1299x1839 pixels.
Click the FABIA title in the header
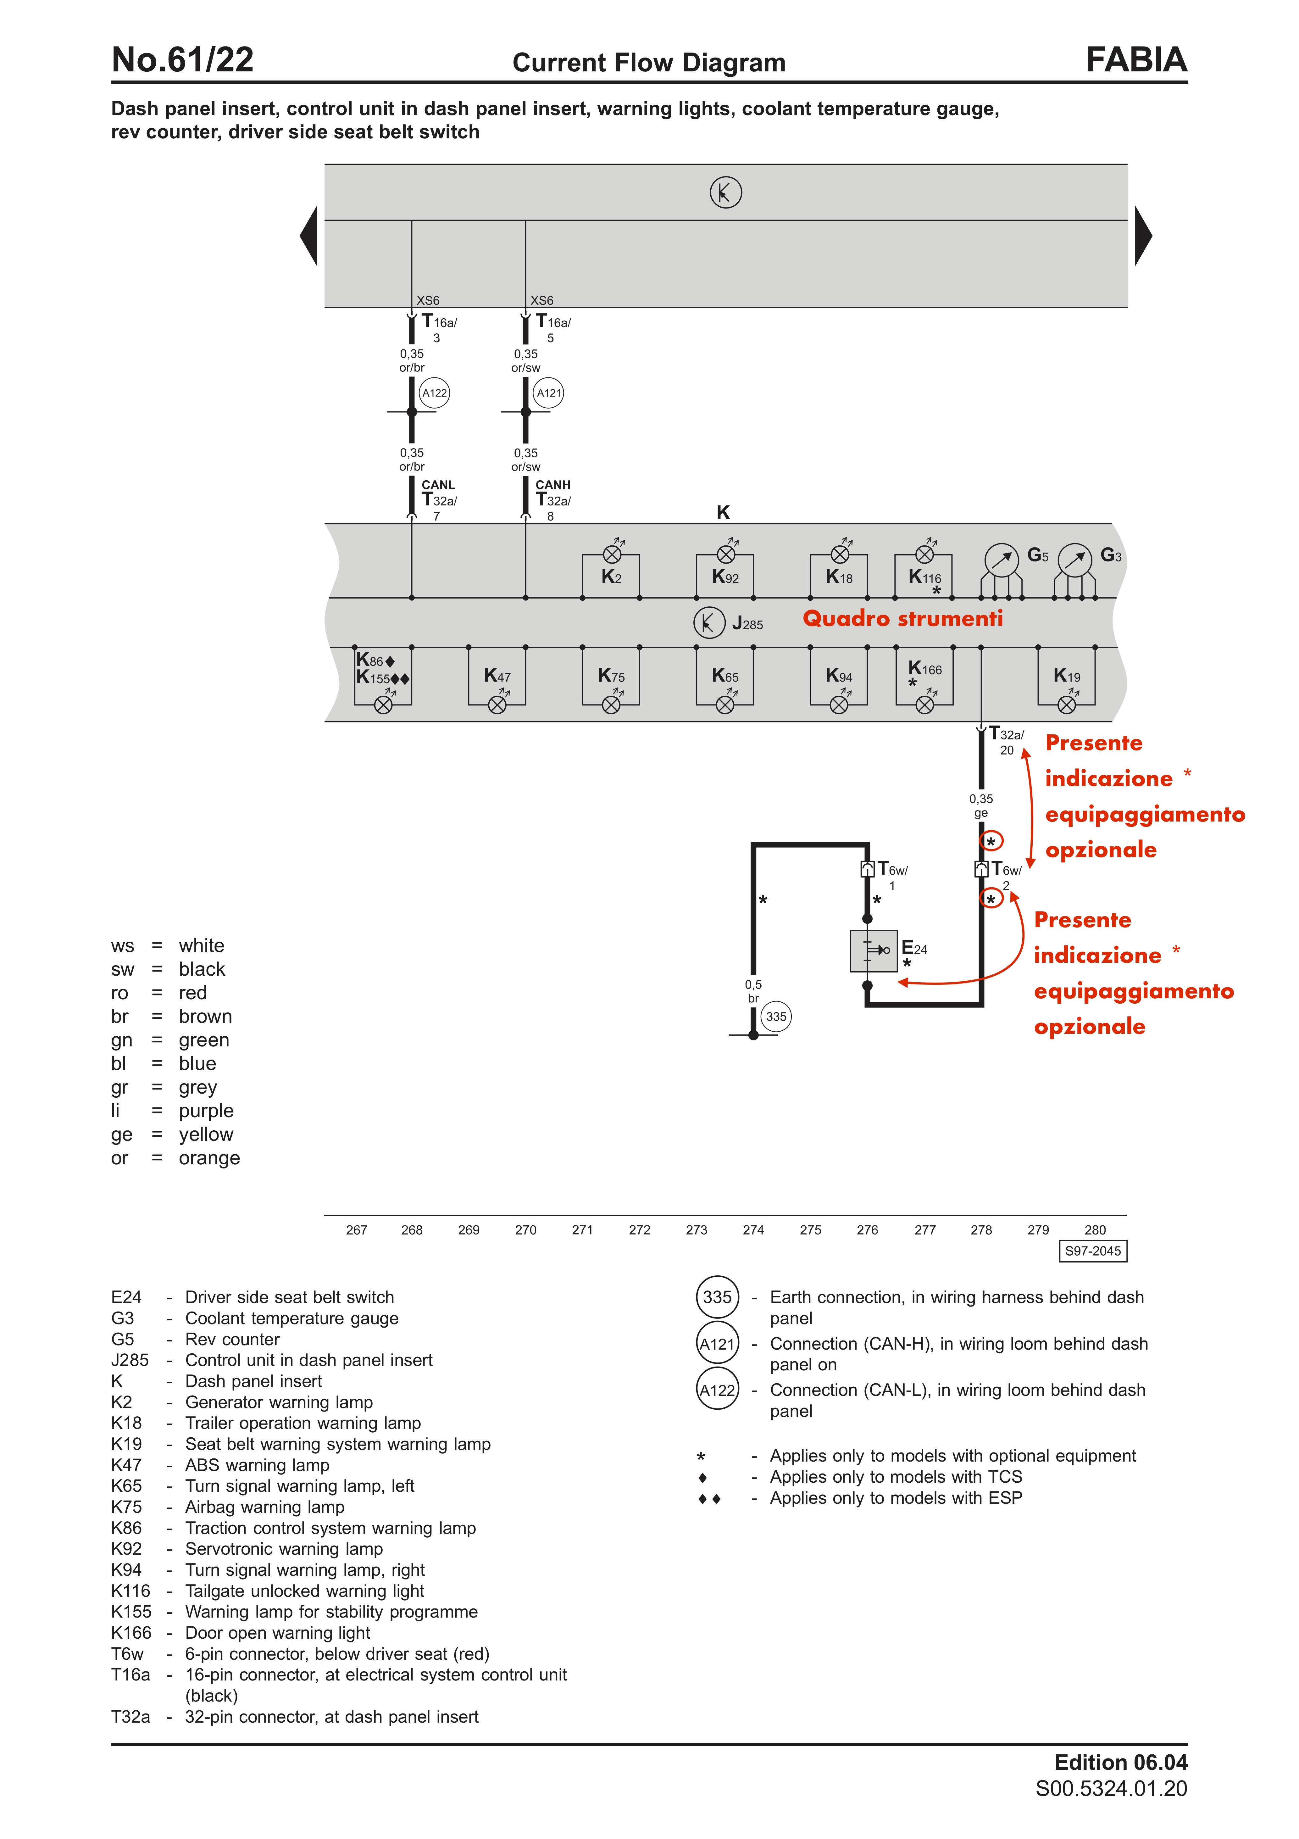(1135, 60)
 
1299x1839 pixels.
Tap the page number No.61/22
(183, 60)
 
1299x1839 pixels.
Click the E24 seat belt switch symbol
(874, 951)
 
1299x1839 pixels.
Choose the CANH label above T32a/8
(552, 485)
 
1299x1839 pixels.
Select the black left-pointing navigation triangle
(309, 236)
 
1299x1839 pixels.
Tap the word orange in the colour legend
(209, 1158)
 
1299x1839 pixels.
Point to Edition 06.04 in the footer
(1120, 1762)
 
